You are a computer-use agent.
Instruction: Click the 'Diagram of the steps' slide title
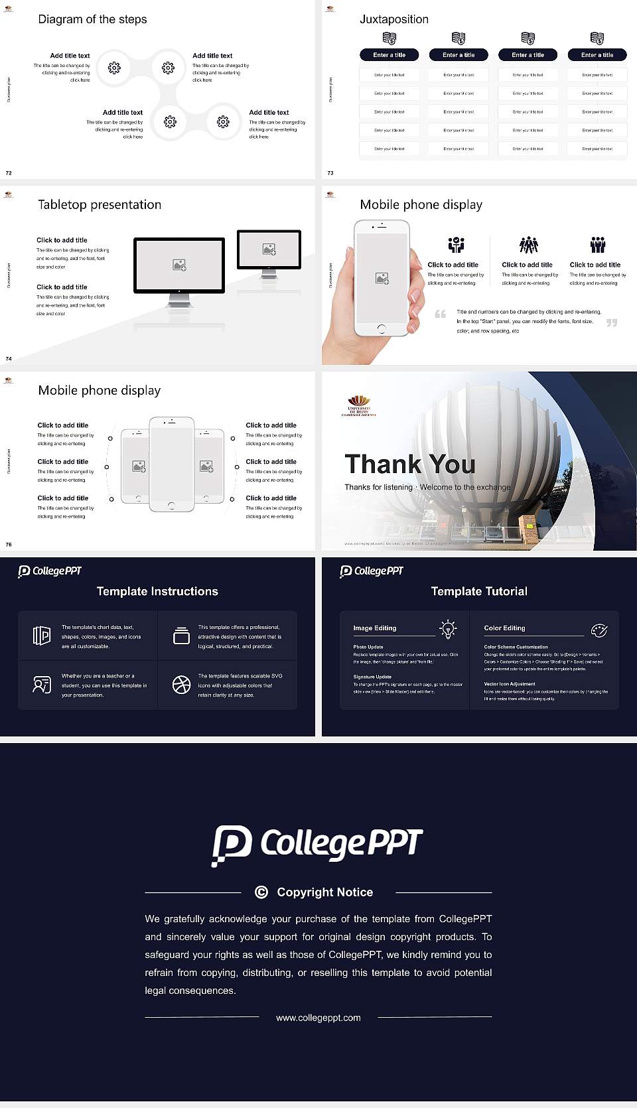pos(92,19)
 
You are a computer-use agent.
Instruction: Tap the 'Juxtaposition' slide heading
pos(393,19)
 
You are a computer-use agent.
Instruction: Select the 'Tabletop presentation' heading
pos(100,204)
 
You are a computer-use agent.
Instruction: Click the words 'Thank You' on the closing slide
pos(409,464)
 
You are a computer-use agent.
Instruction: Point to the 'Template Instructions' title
pos(157,591)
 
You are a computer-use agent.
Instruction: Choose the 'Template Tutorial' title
pos(479,591)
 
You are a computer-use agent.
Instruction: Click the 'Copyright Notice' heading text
pos(324,892)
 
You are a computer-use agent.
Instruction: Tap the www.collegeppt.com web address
pos(318,1018)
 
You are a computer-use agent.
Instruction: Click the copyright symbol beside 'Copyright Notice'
pos(261,892)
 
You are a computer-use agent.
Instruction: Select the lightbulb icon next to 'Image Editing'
pos(448,629)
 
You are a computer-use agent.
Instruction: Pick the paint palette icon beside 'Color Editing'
pos(599,630)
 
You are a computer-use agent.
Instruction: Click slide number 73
pos(330,173)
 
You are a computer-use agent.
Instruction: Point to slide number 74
pos(9,359)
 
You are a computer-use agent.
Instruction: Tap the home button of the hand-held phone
pos(381,328)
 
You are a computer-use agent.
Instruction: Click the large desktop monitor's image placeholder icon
pos(179,265)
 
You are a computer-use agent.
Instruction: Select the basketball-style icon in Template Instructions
pos(181,685)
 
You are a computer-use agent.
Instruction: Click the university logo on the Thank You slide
pos(358,405)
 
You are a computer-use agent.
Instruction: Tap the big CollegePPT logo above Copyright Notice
pos(317,845)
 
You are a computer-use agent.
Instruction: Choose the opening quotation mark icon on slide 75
pos(441,314)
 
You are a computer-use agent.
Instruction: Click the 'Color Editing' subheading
pos(504,628)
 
